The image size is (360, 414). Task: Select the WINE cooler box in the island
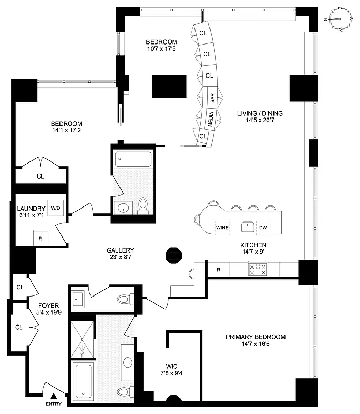[x=222, y=227]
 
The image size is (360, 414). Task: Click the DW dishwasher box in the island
[x=263, y=227]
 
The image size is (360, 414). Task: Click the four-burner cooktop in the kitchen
[x=258, y=269]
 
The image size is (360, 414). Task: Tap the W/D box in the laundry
[x=55, y=208]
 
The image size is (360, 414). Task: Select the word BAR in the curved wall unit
[x=212, y=97]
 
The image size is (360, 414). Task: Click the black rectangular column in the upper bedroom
[x=169, y=86]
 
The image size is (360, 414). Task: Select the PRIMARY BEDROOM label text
[x=256, y=337]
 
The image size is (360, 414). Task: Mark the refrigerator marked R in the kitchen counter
[x=219, y=269]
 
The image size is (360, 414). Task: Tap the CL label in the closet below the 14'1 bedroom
[x=40, y=176]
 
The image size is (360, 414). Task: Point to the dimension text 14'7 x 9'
[x=253, y=253]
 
